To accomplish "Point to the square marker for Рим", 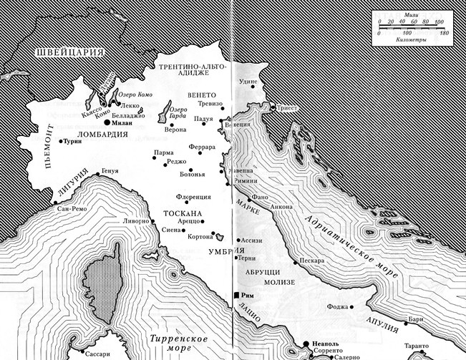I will coord(236,295).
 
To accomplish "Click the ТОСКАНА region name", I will coord(184,214).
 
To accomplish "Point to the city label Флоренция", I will coord(195,196).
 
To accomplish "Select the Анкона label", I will coord(281,207).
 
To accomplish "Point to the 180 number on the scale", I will coord(443,34).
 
